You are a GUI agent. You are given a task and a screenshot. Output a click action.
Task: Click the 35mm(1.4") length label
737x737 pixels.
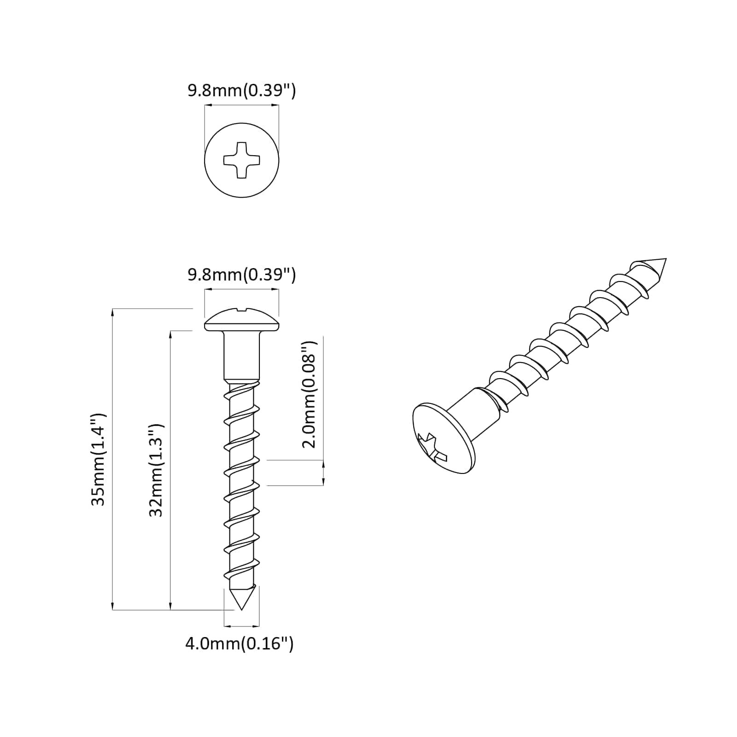coord(99,459)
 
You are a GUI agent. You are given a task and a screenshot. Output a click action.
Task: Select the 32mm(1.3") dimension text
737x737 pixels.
coord(157,470)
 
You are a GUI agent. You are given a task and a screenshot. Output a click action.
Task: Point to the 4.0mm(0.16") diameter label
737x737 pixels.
coord(239,643)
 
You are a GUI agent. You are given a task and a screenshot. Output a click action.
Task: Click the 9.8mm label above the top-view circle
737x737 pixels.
coord(241,91)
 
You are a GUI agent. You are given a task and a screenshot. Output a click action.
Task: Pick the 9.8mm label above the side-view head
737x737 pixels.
coord(241,275)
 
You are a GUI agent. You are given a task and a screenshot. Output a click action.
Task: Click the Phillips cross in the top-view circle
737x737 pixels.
coord(241,160)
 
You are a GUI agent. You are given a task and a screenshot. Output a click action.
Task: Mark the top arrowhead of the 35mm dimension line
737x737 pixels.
coord(113,312)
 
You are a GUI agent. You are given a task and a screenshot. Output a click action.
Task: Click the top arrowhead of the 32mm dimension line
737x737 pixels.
coord(171,335)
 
